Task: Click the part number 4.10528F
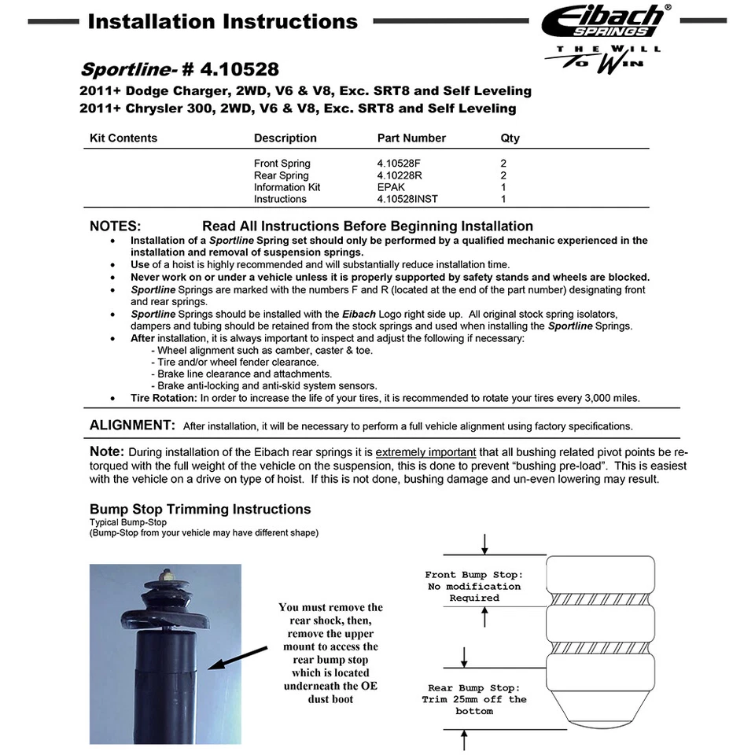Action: tap(399, 164)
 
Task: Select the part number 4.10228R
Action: tap(400, 175)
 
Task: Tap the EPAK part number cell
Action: tap(391, 187)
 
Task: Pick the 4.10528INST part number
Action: tap(407, 199)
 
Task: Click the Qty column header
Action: tap(510, 138)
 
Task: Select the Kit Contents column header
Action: tap(123, 138)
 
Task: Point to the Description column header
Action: tap(285, 138)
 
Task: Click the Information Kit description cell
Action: tap(287, 187)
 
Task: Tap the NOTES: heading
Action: tap(116, 226)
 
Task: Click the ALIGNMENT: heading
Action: tap(132, 425)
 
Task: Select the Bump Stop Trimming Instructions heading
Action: tap(200, 510)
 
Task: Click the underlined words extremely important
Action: tap(425, 452)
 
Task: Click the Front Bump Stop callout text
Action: tap(474, 586)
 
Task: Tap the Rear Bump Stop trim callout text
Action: tap(474, 699)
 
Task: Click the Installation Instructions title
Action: tap(223, 21)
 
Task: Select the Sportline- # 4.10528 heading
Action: tap(179, 70)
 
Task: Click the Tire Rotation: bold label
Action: tap(164, 398)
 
